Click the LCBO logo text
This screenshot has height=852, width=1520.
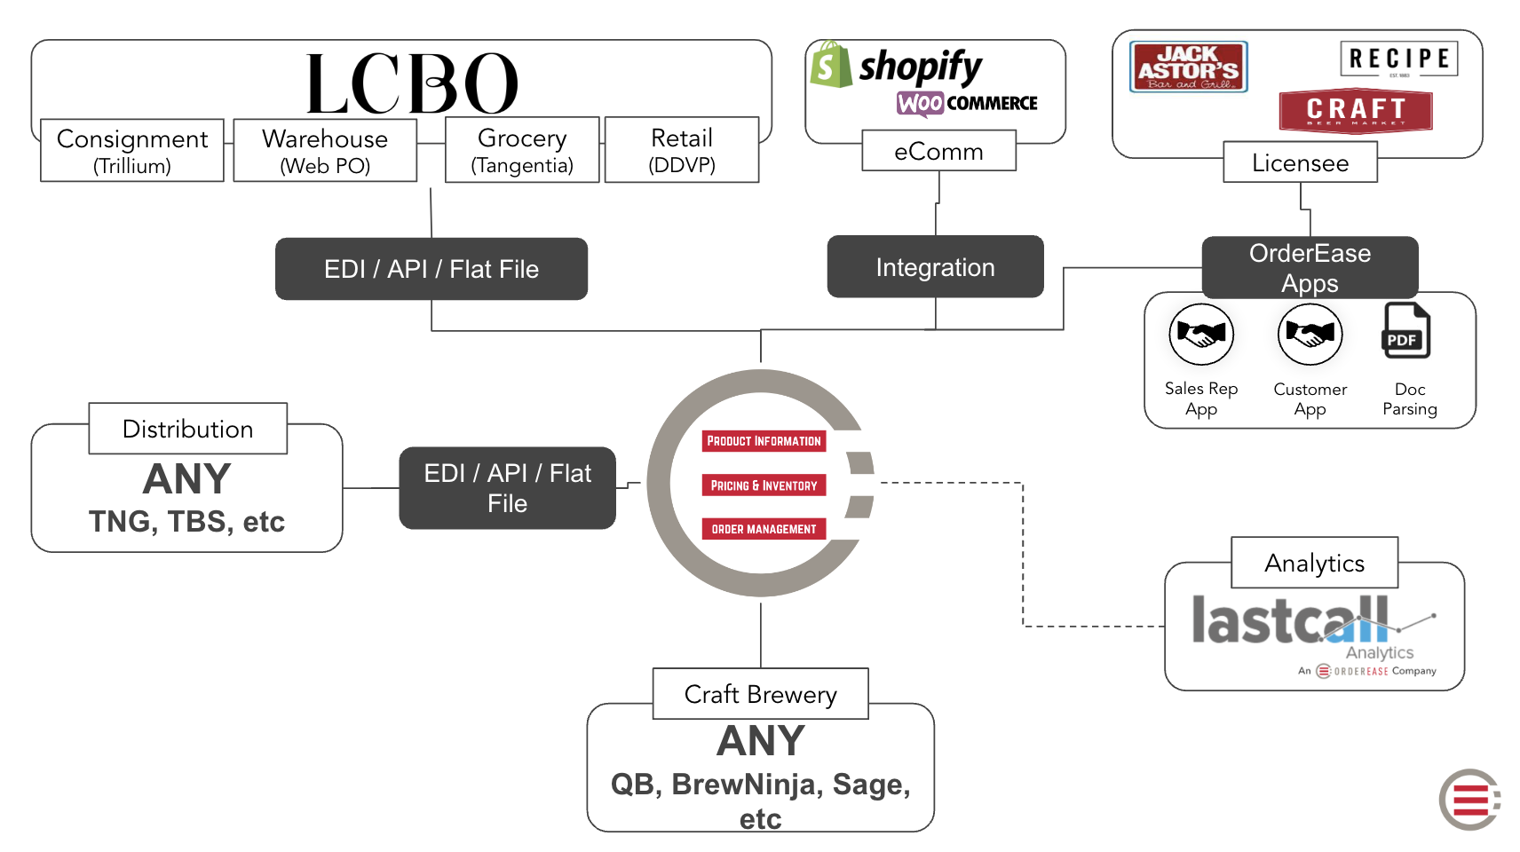point(412,83)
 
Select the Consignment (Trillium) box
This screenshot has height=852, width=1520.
point(132,151)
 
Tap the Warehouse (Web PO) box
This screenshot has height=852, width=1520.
point(325,151)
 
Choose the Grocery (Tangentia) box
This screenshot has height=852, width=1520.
point(522,150)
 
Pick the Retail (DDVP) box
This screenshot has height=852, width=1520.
point(682,150)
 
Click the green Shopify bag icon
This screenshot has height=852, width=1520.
point(829,65)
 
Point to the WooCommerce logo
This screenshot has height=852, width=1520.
point(967,103)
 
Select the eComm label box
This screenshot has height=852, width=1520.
point(938,151)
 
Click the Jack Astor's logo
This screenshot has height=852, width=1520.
point(1189,67)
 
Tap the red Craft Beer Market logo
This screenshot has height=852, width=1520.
point(1356,110)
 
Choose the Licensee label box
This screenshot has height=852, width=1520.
point(1300,162)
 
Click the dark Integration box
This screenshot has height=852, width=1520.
point(935,267)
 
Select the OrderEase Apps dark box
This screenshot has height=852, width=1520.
point(1310,267)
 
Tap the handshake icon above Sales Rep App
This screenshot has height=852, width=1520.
point(1201,335)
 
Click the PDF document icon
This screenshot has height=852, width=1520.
point(1406,331)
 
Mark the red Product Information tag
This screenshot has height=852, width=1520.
point(764,441)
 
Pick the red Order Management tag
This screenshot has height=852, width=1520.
point(764,529)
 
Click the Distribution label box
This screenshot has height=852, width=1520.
point(187,429)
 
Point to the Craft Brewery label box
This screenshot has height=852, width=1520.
point(760,694)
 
